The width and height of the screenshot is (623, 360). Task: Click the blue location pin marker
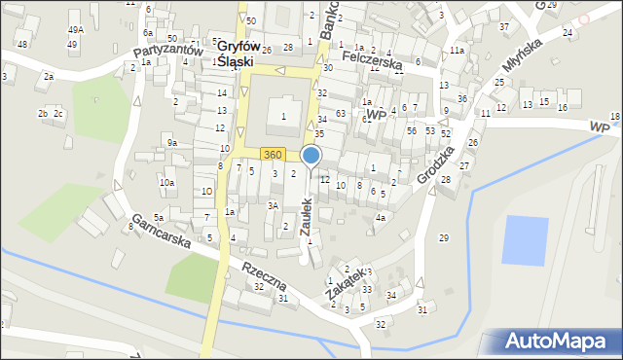pos(311,156)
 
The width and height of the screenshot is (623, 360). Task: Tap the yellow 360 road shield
pos(273,155)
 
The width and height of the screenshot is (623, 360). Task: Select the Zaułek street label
pos(305,218)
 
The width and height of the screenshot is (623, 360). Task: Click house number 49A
pos(75,30)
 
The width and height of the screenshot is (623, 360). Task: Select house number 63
pos(340,114)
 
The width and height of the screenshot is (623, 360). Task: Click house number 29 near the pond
pos(444,238)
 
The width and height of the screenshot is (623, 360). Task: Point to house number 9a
pos(172,143)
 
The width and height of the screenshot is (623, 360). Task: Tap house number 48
pos(21,45)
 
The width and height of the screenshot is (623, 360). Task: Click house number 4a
pos(382,218)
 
